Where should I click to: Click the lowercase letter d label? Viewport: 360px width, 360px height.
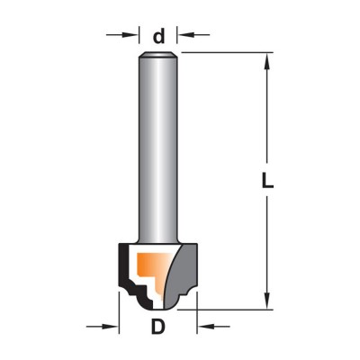159,36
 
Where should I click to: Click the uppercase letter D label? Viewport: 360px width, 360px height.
158,327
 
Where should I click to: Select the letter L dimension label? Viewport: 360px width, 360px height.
267,181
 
